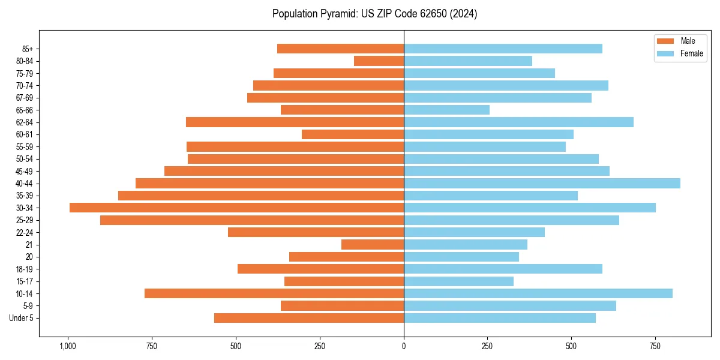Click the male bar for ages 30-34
pos(236,208)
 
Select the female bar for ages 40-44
pos(542,183)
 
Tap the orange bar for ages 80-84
pos(379,61)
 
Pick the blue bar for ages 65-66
pos(446,110)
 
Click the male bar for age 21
pos(373,244)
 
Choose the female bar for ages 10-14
pos(538,293)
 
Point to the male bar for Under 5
pos(309,318)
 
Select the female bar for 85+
pos(503,49)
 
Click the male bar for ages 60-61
pos(353,134)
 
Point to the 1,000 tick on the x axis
pos(67,346)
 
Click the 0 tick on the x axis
pos(404,346)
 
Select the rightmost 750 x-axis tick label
pos(655,346)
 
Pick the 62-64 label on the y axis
pos(25,122)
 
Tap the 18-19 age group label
pos(25,269)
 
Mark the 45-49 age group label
pos(25,171)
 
